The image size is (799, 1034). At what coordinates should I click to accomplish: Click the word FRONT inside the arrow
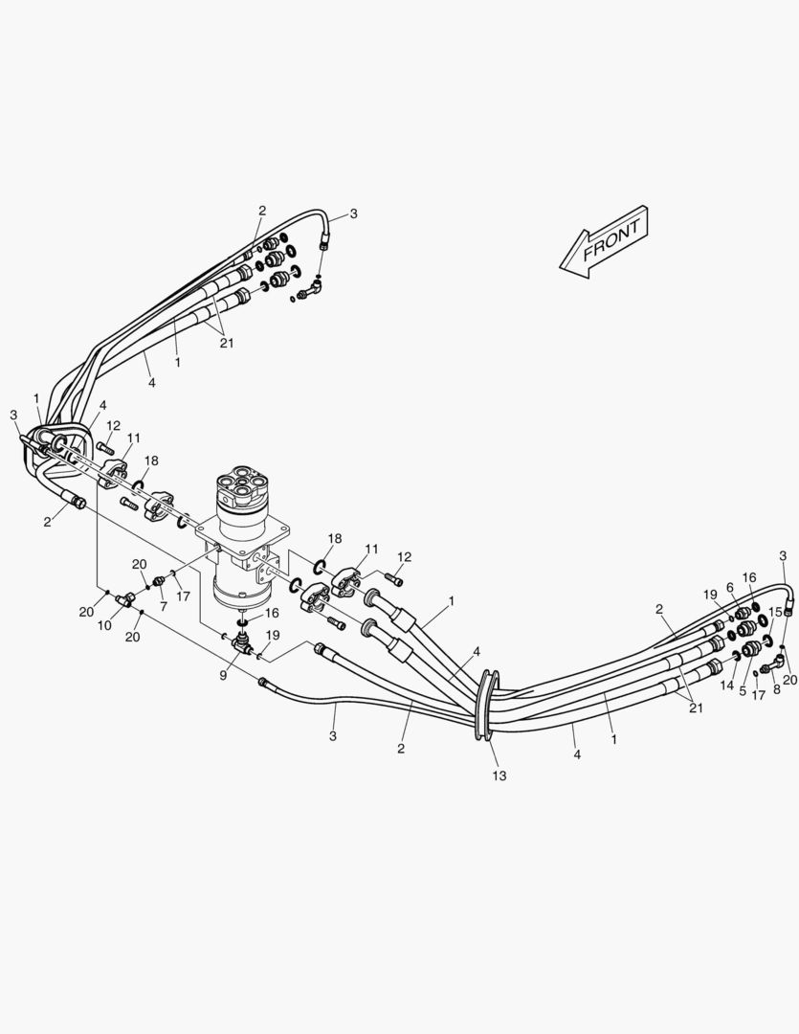click(x=611, y=242)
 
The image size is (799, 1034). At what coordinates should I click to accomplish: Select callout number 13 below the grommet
click(x=499, y=775)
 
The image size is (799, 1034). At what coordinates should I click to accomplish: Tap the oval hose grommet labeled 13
click(x=484, y=706)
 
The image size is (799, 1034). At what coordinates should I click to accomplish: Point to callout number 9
click(x=223, y=674)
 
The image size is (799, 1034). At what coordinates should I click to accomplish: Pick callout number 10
click(x=105, y=625)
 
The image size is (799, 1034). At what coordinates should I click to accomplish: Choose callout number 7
click(x=163, y=607)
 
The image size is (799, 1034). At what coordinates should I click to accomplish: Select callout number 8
click(x=776, y=688)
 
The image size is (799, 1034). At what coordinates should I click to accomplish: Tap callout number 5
click(x=742, y=689)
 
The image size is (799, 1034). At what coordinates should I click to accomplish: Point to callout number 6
click(x=729, y=587)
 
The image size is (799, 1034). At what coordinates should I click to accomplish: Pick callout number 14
click(x=727, y=686)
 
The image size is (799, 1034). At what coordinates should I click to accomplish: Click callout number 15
click(x=775, y=611)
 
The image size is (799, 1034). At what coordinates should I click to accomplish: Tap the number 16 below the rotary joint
click(x=273, y=613)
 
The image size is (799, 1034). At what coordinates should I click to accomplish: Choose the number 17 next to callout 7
click(x=183, y=596)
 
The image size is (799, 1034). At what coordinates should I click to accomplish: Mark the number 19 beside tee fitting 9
click(x=273, y=635)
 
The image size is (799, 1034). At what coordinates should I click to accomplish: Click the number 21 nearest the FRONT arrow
click(x=226, y=342)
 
